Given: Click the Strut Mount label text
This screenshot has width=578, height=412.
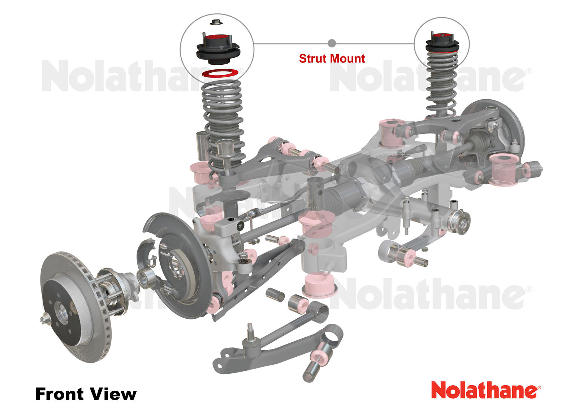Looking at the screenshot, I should tap(332, 59).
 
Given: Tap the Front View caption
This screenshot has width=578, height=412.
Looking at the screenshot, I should tap(86, 394).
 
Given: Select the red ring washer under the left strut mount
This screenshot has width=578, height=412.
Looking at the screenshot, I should tap(220, 73).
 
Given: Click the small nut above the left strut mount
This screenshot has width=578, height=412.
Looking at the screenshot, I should tap(216, 22).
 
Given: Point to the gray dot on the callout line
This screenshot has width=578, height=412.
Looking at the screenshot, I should tap(332, 43).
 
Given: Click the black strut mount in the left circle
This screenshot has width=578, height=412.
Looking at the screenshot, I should tap(218, 51).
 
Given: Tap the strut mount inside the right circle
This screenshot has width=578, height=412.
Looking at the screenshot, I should tap(442, 43).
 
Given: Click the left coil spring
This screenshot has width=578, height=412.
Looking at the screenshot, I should tap(222, 116).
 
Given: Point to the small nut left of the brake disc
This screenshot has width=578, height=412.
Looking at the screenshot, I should tap(45, 318).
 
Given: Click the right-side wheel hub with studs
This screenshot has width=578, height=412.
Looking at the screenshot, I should tap(461, 221).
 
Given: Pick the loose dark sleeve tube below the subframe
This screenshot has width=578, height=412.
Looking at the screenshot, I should tap(275, 294).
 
